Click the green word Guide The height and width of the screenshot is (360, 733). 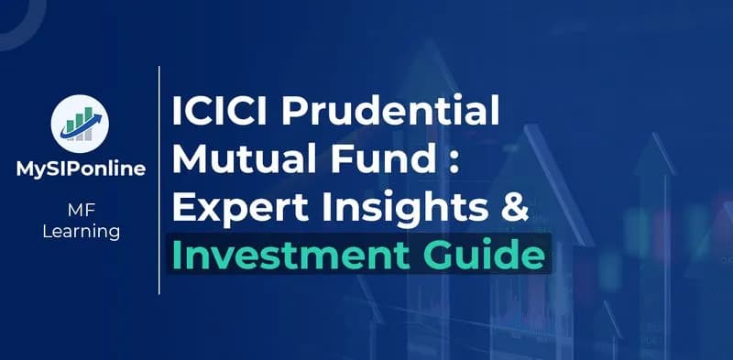pyautogui.click(x=492, y=254)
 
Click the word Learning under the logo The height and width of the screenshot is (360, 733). pyautogui.click(x=82, y=232)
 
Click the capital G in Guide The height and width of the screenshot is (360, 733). pyautogui.click(x=449, y=254)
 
